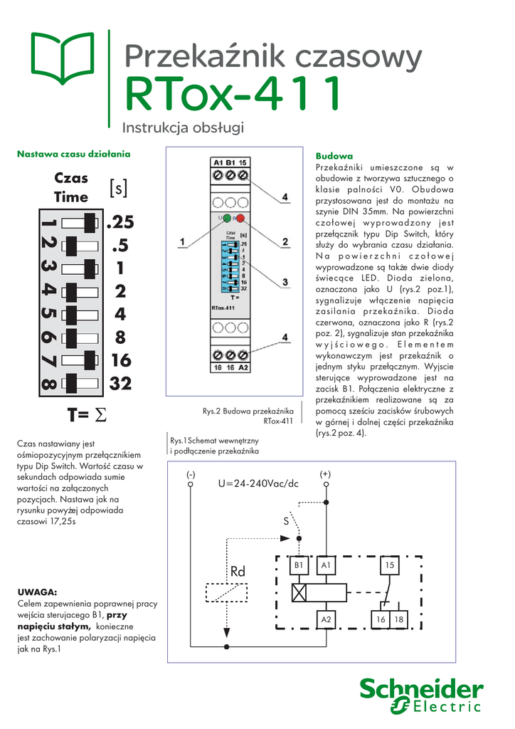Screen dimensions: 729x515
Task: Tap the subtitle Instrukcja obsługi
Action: (x=184, y=128)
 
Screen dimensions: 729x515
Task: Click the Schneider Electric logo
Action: (x=421, y=696)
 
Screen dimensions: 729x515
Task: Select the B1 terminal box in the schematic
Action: (x=299, y=565)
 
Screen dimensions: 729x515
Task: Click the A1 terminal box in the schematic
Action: (x=326, y=565)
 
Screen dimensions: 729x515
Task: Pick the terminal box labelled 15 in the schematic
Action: (x=389, y=565)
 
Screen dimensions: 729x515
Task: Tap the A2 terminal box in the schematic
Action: (x=326, y=620)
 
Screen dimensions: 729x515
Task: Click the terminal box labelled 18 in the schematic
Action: (x=399, y=620)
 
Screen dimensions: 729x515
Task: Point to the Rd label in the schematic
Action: (x=237, y=572)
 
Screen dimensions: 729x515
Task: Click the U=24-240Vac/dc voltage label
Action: (x=257, y=484)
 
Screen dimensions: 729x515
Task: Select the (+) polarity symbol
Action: (x=326, y=473)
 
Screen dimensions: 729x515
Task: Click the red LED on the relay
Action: (x=241, y=218)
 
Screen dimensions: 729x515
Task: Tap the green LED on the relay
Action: (x=225, y=218)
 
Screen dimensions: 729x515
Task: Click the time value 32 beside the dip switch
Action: (x=121, y=384)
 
